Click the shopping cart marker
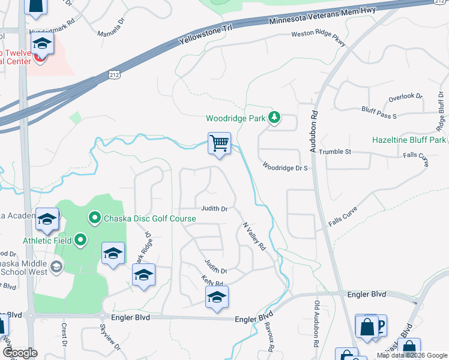click(x=220, y=144)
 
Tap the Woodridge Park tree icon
click(x=274, y=118)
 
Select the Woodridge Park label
click(x=235, y=118)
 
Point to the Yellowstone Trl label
click(x=206, y=37)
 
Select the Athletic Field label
click(x=47, y=241)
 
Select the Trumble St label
click(x=334, y=152)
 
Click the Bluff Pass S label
click(x=379, y=112)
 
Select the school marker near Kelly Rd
click(x=217, y=298)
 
